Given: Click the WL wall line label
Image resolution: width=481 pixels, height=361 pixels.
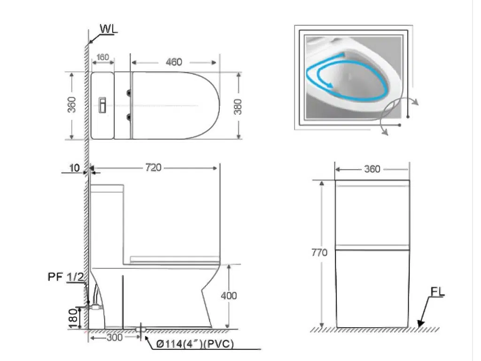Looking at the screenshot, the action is click(x=109, y=29).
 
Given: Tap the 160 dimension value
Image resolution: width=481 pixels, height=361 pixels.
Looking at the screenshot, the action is click(x=103, y=57).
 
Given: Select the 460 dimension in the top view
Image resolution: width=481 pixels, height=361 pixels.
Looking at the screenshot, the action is click(x=174, y=62).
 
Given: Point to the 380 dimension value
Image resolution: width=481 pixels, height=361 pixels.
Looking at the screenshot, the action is click(x=238, y=107).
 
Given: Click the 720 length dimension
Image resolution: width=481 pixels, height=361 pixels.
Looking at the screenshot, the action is click(x=153, y=167).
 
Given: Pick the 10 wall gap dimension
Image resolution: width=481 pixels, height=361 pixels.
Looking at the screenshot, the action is click(x=75, y=168).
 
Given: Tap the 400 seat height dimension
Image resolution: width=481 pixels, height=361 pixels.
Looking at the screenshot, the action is click(x=229, y=296).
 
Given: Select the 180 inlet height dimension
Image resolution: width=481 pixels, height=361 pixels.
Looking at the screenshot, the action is click(x=73, y=318).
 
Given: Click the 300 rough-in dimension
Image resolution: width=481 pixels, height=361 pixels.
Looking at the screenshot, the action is click(x=115, y=337).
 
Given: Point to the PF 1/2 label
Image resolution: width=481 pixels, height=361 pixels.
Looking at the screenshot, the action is click(x=66, y=277).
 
